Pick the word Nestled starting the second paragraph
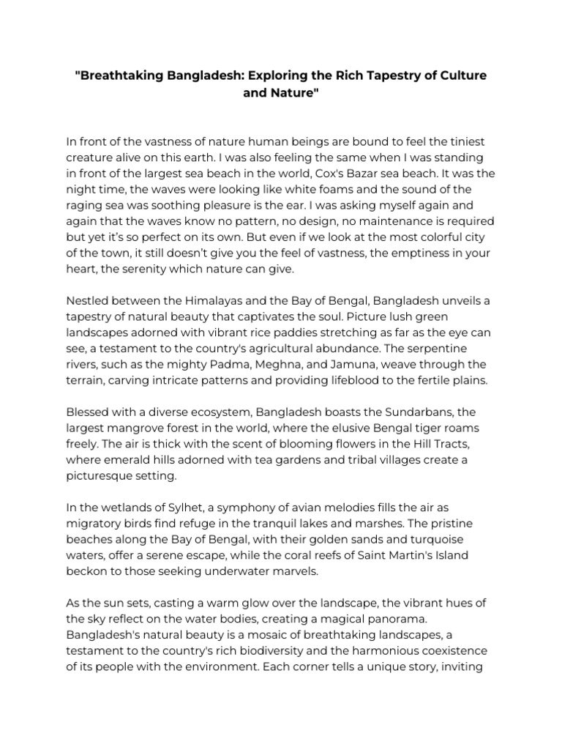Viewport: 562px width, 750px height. click(x=87, y=302)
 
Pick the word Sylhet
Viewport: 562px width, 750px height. click(x=191, y=508)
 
